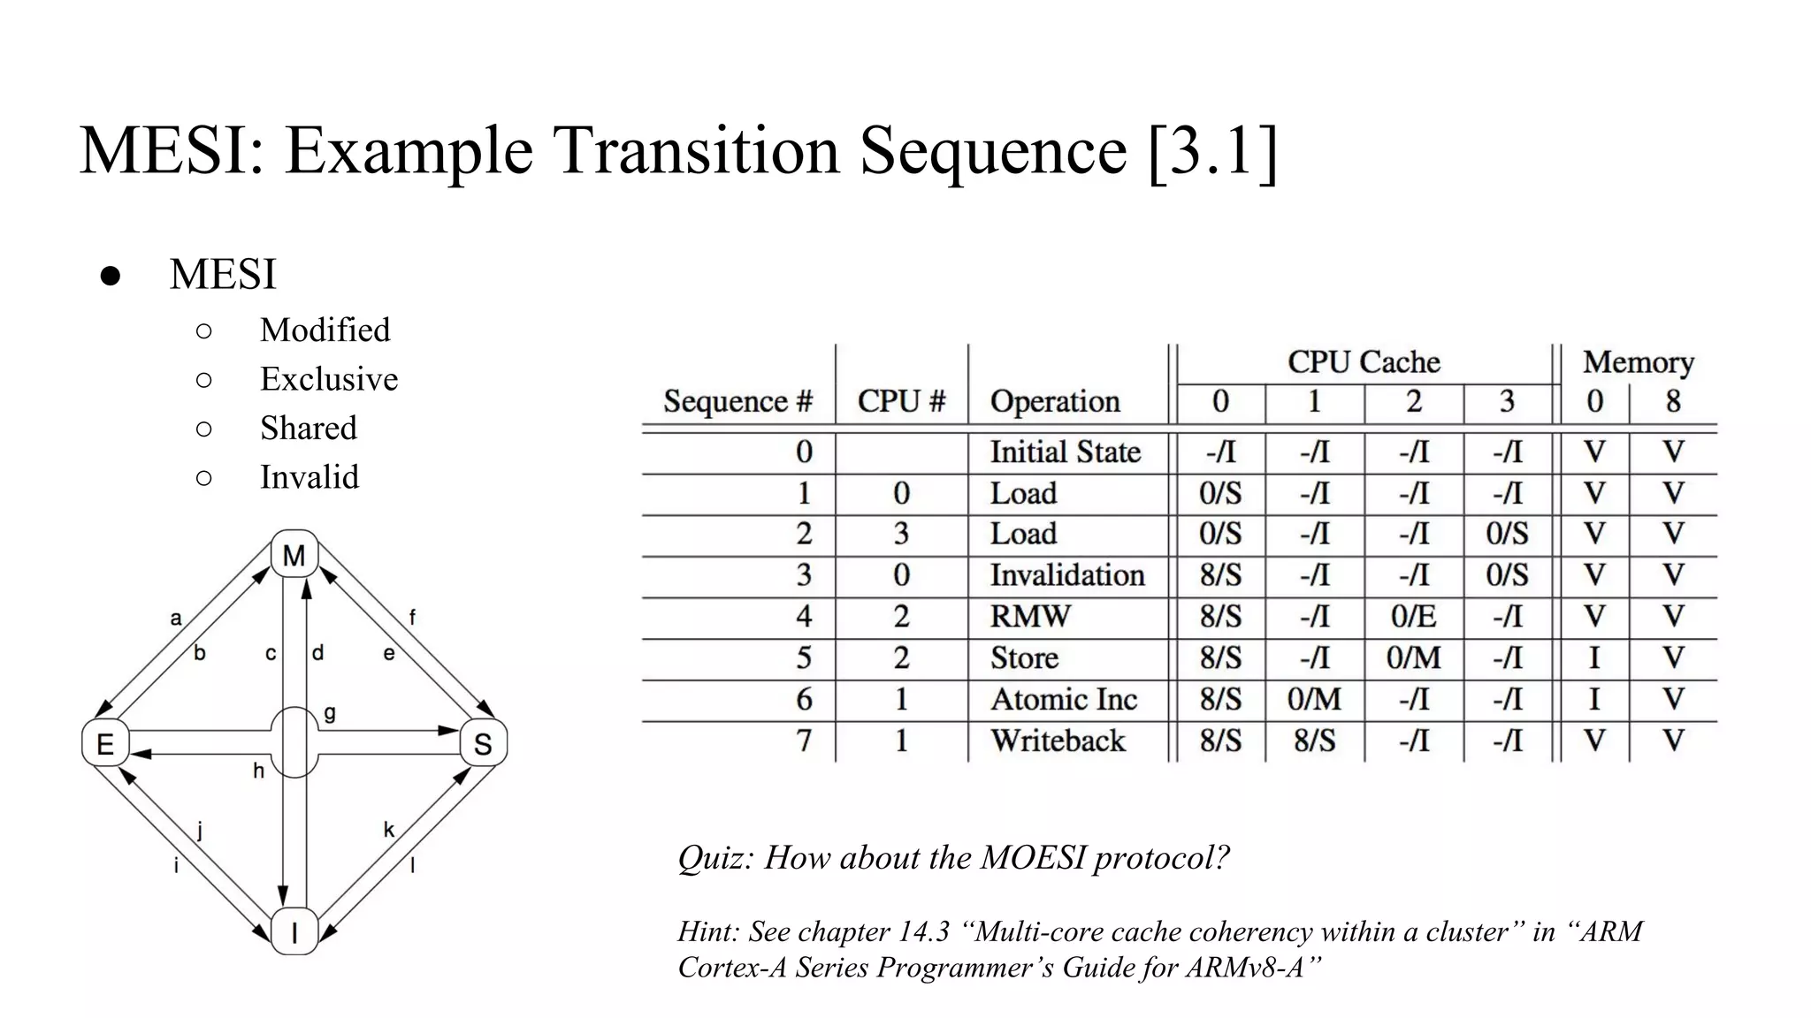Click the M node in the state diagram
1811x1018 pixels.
tap(294, 555)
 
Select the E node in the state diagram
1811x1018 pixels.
tap(105, 743)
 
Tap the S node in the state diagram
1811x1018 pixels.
tap(483, 744)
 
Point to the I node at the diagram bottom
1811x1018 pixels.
tap(294, 931)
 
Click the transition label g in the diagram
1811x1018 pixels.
tap(330, 713)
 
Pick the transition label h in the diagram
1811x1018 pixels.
tap(258, 771)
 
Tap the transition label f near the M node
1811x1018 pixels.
tap(412, 618)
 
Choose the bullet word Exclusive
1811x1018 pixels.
tap(328, 379)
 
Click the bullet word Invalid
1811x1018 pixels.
tap(309, 477)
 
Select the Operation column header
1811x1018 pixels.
tap(1055, 402)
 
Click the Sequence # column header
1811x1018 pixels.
tap(737, 402)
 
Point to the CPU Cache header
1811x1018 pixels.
tap(1364, 362)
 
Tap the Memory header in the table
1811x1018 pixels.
tap(1638, 362)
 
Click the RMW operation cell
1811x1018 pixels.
tap(1030, 616)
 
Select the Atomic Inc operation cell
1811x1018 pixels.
tap(1063, 699)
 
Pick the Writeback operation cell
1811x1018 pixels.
tap(1058, 741)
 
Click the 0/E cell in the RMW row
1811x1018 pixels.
tap(1413, 616)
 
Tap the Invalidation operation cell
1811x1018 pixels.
tap(1066, 575)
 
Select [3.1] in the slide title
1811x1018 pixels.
tap(1212, 150)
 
